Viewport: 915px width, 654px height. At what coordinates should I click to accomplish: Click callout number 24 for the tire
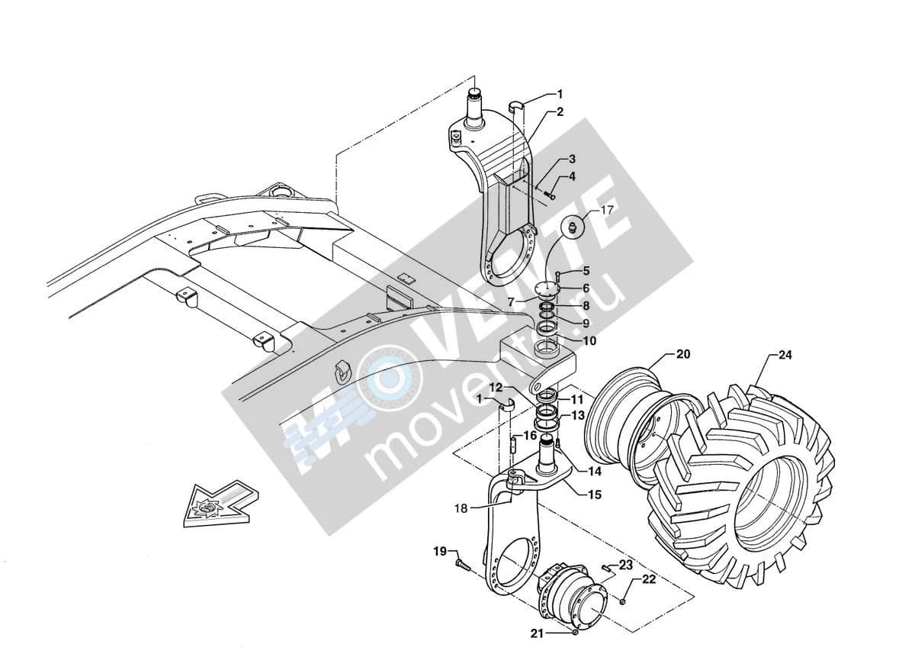pyautogui.click(x=785, y=355)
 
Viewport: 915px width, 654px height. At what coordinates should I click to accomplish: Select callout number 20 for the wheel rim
pyautogui.click(x=683, y=354)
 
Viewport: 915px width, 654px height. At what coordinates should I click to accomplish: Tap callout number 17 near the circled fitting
pyautogui.click(x=608, y=210)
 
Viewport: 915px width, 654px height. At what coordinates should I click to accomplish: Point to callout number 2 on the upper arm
pyautogui.click(x=560, y=111)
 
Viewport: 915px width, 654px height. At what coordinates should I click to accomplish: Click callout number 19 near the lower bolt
pyautogui.click(x=440, y=552)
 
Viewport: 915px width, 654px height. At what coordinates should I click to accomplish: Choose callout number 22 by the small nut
pyautogui.click(x=649, y=579)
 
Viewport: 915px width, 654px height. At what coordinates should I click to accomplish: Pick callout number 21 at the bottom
pyautogui.click(x=537, y=634)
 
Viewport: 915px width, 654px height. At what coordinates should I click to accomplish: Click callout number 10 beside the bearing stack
pyautogui.click(x=589, y=340)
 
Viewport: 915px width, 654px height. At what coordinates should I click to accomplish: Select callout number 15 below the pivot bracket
pyautogui.click(x=596, y=495)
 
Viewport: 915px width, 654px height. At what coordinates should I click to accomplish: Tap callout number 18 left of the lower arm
pyautogui.click(x=461, y=508)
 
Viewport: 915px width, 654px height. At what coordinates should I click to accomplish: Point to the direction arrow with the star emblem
pyautogui.click(x=220, y=504)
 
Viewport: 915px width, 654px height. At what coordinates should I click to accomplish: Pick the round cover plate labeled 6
pyautogui.click(x=546, y=288)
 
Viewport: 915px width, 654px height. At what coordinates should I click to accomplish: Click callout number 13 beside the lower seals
pyautogui.click(x=578, y=416)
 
